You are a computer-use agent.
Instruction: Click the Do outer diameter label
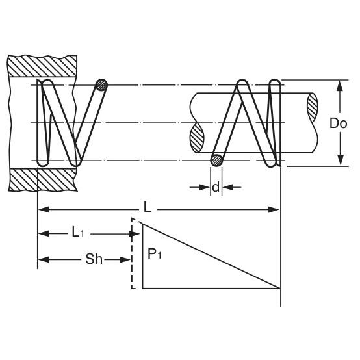coord(338,123)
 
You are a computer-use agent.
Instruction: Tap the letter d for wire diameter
coord(216,187)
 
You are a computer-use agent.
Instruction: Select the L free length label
coord(148,208)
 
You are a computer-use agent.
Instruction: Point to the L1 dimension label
coord(78,233)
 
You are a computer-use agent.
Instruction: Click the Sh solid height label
coord(94,259)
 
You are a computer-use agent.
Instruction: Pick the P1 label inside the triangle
coord(154,254)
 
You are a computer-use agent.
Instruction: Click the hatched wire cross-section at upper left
coord(101,85)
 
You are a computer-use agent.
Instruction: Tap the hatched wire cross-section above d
coord(217,161)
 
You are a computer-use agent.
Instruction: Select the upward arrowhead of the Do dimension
coord(341,86)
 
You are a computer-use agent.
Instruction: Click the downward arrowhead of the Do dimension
coord(341,161)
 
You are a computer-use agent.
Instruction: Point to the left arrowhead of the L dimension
coord(43,209)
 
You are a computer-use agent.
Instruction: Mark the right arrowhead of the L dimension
coord(274,209)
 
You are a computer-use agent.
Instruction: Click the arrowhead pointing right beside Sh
coord(125,260)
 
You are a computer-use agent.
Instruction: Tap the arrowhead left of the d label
coord(205,187)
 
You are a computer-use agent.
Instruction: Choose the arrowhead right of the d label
coord(228,187)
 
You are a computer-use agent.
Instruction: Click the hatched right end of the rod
coord(313,108)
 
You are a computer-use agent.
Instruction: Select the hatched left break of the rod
coord(197,138)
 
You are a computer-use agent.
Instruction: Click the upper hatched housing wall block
coord(42,66)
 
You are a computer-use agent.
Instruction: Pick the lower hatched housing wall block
coord(43,180)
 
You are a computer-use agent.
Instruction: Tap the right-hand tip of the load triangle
coord(280,288)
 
